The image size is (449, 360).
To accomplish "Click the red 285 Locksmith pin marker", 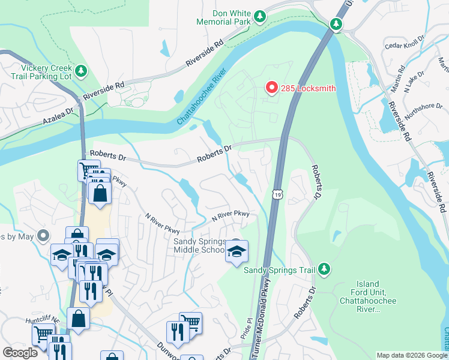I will [271, 88].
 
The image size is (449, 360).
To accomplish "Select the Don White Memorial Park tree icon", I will [260, 16].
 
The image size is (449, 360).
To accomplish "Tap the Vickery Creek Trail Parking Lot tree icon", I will [80, 71].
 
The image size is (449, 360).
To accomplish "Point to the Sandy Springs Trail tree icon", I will [324, 269].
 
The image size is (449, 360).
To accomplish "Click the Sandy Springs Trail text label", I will [279, 270].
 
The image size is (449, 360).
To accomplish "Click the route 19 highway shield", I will [276, 194].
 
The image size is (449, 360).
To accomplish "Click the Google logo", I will [20, 353].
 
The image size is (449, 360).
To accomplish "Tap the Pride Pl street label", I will [244, 329].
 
